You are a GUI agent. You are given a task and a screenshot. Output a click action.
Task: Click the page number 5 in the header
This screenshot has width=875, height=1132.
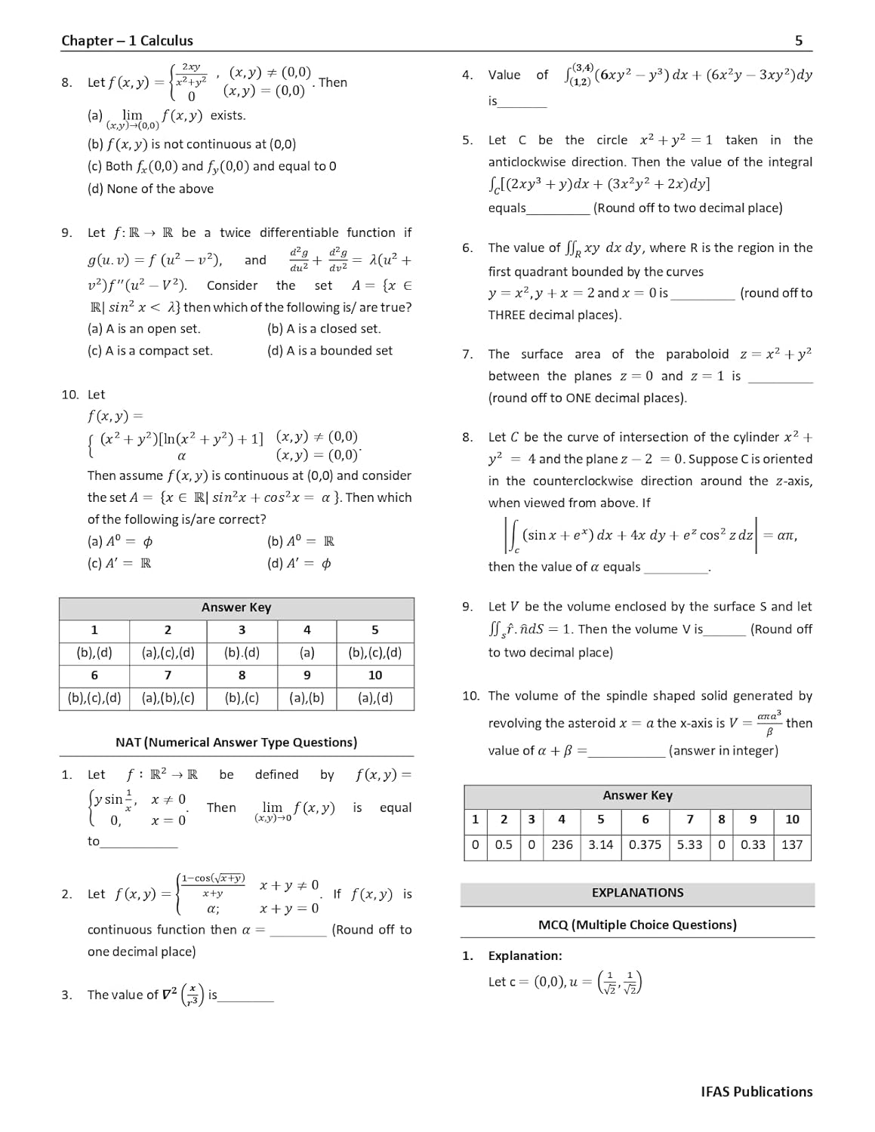pyautogui.click(x=799, y=41)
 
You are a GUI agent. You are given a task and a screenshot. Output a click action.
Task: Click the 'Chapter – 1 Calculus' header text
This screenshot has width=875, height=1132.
pyautogui.click(x=127, y=41)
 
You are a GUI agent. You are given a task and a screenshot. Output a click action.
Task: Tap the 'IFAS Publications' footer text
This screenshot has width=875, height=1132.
pyautogui.click(x=756, y=1091)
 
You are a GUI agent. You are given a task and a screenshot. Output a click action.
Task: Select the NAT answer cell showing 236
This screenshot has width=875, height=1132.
pyautogui.click(x=562, y=844)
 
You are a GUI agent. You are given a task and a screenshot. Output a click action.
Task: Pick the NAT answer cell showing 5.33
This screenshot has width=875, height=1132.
pyautogui.click(x=689, y=844)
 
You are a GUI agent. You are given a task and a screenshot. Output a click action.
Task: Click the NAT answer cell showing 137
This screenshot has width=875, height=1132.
pyautogui.click(x=792, y=844)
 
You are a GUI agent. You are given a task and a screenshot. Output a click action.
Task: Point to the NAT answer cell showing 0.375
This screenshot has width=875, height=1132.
pyautogui.click(x=645, y=844)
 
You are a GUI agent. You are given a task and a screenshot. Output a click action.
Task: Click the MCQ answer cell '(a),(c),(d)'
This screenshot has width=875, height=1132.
pyautogui.click(x=168, y=653)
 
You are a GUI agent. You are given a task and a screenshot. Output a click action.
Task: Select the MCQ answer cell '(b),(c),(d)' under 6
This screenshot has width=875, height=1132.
pyautogui.click(x=94, y=698)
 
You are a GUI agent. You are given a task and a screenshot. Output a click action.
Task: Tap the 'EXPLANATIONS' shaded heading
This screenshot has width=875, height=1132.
pyautogui.click(x=637, y=893)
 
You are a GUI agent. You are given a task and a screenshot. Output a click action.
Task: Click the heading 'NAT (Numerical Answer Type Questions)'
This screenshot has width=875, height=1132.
pyautogui.click(x=236, y=743)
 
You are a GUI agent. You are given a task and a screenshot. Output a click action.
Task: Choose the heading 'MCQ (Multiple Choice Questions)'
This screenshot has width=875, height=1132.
pyautogui.click(x=637, y=925)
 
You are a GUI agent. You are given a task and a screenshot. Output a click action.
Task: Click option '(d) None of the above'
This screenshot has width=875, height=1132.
pyautogui.click(x=150, y=189)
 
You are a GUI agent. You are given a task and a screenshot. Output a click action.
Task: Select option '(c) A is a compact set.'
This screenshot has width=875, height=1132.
pyautogui.click(x=150, y=351)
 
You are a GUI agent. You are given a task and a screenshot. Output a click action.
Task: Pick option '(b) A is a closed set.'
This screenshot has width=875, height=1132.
pyautogui.click(x=324, y=329)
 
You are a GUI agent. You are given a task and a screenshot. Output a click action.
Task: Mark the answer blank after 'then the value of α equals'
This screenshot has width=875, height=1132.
pyautogui.click(x=676, y=568)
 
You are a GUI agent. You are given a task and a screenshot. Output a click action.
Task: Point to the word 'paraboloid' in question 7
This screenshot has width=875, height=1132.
pyautogui.click(x=697, y=355)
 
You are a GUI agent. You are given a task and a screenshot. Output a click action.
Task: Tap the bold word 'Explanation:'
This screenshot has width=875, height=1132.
pyautogui.click(x=525, y=956)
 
